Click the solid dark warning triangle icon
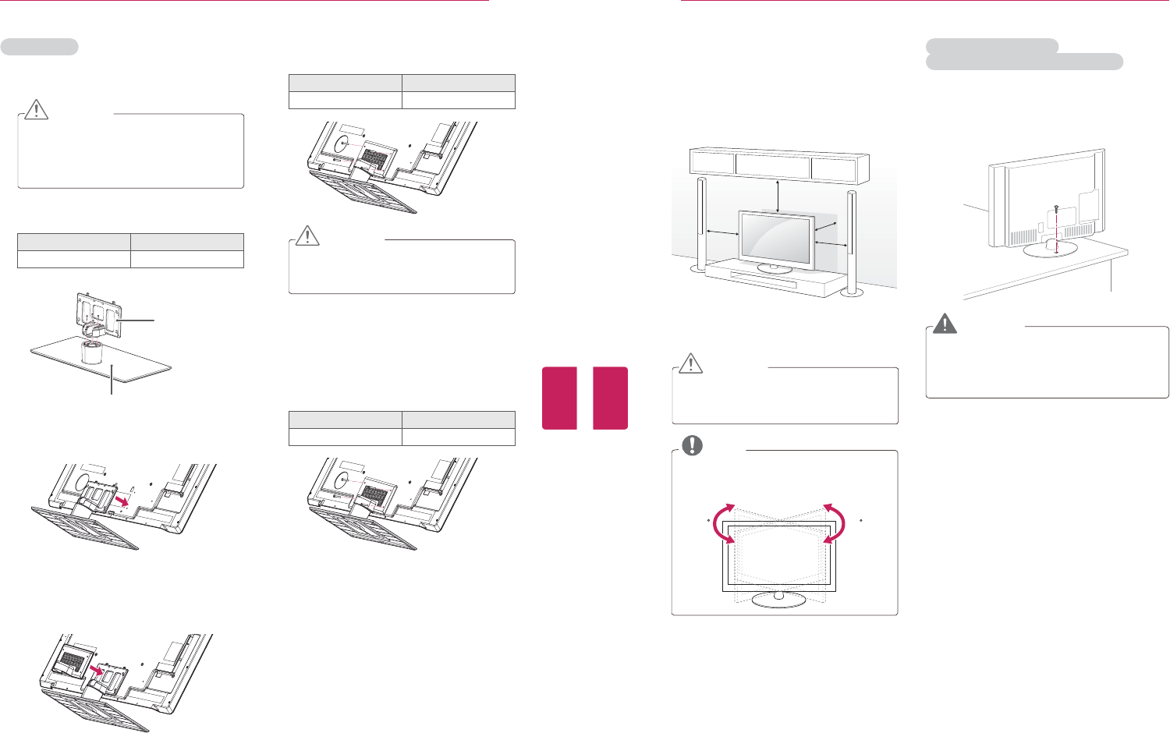coord(945,323)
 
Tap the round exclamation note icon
coord(692,445)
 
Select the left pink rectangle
coord(559,398)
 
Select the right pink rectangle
coord(610,398)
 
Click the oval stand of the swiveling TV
coord(777,598)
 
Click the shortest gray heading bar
coord(39,47)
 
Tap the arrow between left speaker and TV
coord(721,232)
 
